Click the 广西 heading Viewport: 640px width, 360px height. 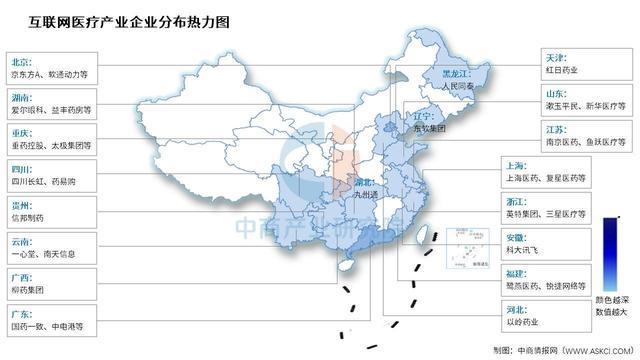click(x=20, y=273)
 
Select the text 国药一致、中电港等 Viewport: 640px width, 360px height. click(x=48, y=326)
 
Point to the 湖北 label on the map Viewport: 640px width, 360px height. click(x=366, y=182)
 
